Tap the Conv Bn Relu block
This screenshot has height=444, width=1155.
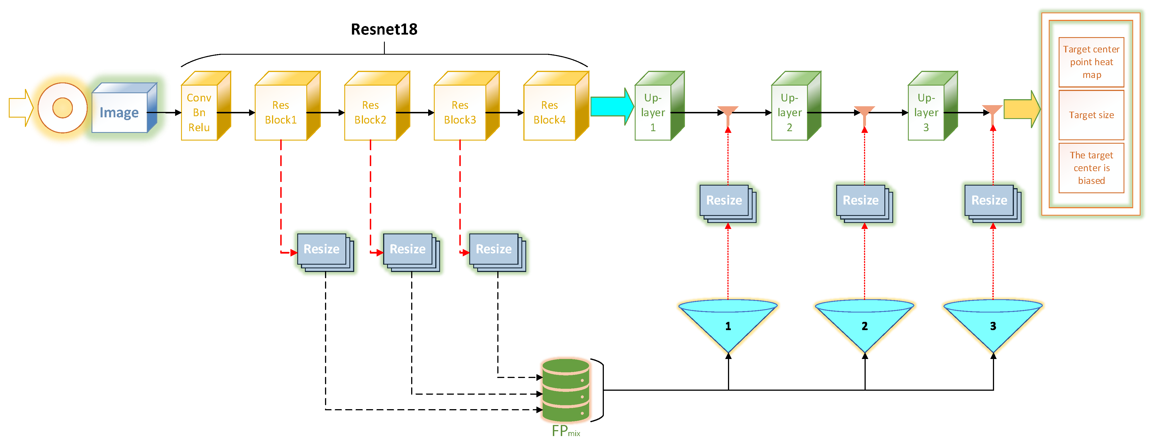[x=200, y=112]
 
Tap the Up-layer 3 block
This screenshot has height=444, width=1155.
[x=927, y=112]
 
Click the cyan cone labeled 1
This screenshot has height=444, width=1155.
[x=728, y=325]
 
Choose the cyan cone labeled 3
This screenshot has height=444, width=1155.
[x=993, y=325]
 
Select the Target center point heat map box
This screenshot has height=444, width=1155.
[x=1091, y=62]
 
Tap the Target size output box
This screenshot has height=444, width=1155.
[x=1091, y=115]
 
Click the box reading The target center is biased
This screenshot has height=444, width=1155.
[x=1091, y=168]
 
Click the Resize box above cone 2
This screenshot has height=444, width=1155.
[x=861, y=201]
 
